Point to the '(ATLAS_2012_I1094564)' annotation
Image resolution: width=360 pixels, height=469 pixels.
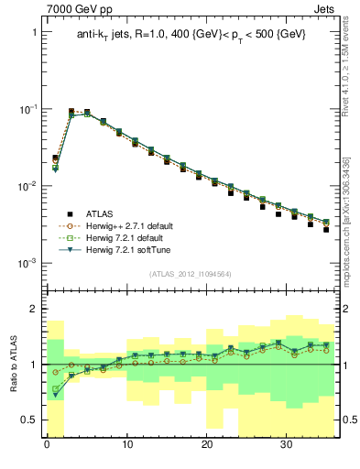[x=191, y=273]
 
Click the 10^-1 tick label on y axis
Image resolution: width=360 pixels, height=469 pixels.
[x=27, y=109]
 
